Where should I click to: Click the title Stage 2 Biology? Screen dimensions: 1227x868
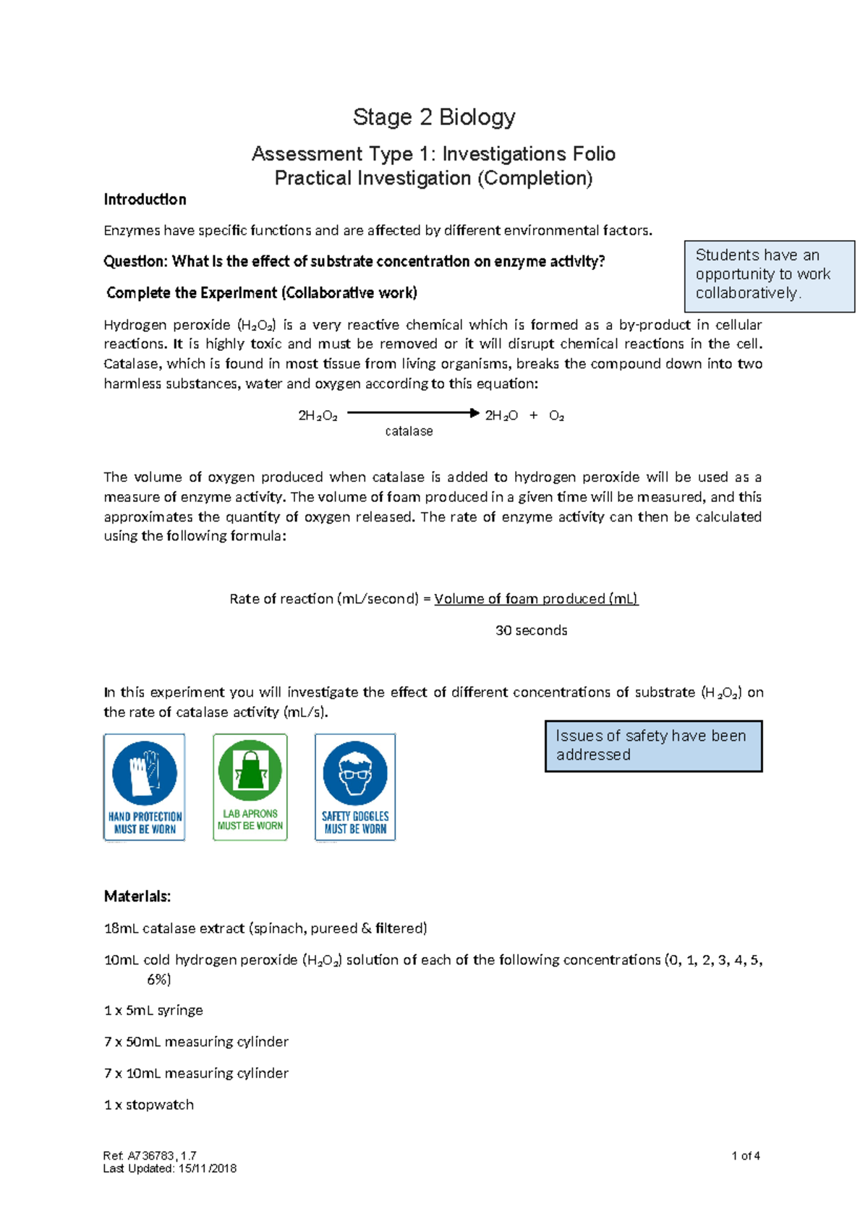click(433, 117)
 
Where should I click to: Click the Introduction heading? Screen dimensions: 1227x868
click(145, 200)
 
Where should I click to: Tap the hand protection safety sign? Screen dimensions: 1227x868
click(144, 787)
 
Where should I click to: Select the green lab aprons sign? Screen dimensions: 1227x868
click(250, 787)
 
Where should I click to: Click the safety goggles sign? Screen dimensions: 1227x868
click(355, 787)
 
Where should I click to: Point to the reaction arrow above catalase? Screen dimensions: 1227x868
click(412, 413)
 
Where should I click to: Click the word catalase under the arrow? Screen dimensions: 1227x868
click(409, 431)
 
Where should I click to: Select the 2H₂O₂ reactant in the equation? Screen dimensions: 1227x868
click(318, 416)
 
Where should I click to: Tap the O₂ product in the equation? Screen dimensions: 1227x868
click(556, 416)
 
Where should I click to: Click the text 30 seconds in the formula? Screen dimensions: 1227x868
click(531, 631)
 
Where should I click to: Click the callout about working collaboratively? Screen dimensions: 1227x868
click(769, 276)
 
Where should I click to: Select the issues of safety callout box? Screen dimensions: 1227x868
click(653, 746)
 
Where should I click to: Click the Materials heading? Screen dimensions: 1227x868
click(137, 897)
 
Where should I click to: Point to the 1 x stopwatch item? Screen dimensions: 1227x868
click(149, 1105)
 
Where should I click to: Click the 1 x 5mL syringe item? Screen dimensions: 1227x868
click(153, 1011)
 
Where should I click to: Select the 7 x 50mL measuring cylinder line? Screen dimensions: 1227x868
click(196, 1043)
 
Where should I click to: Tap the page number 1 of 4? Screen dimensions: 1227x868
click(745, 1156)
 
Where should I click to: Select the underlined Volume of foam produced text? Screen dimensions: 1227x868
click(535, 599)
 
